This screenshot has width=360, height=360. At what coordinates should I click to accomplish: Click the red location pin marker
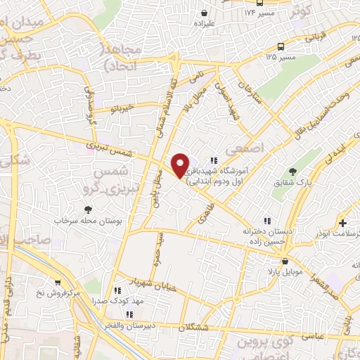tap(181, 165)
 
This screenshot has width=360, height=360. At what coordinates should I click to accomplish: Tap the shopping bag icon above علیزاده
tap(204, 12)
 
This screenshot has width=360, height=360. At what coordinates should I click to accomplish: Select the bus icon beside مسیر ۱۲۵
tap(281, 46)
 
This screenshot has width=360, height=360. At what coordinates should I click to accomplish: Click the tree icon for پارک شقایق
tap(293, 171)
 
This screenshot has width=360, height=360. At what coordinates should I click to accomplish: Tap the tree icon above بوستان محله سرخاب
tap(88, 209)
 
